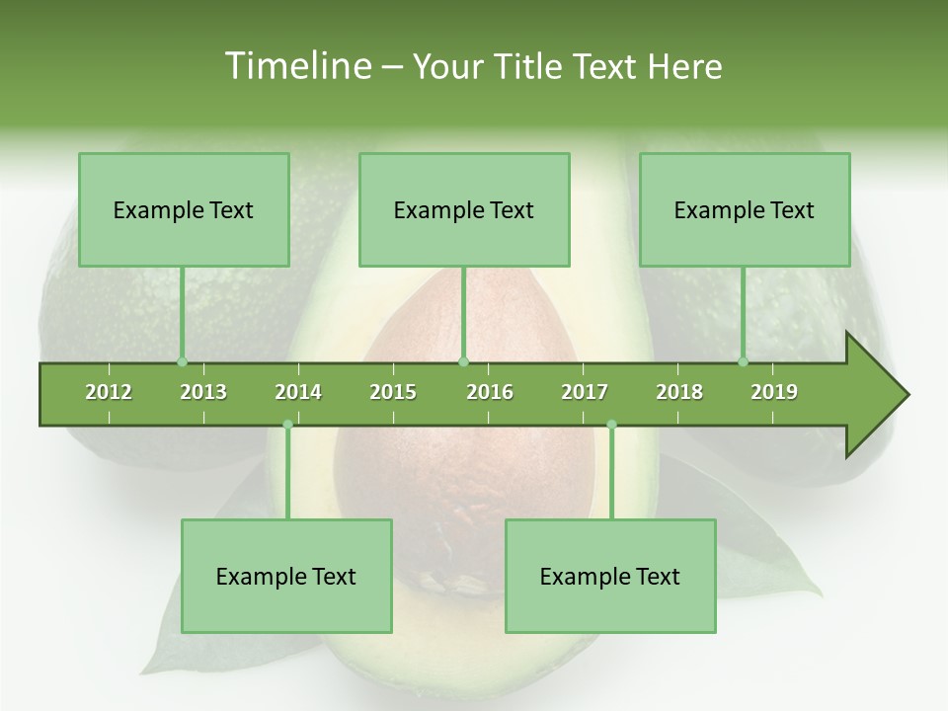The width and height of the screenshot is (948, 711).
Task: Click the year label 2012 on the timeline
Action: click(109, 392)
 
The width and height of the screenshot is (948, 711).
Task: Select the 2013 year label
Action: click(203, 392)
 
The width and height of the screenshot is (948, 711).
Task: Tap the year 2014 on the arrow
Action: click(298, 392)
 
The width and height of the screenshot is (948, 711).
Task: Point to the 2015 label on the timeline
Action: click(393, 392)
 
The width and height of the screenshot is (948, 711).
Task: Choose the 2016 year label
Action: click(490, 392)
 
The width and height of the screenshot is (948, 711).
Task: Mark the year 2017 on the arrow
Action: click(585, 392)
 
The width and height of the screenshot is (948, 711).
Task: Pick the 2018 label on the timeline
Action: click(679, 392)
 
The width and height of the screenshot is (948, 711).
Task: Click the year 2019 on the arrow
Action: click(774, 392)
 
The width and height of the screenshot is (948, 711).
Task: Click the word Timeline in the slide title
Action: click(295, 66)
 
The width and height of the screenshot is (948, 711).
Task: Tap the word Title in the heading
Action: click(530, 66)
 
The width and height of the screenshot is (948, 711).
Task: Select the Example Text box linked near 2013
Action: click(184, 209)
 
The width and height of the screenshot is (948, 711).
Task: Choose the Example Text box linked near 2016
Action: click(464, 209)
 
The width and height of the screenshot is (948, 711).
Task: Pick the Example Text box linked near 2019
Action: click(745, 209)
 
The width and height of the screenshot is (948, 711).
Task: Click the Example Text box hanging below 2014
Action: click(286, 576)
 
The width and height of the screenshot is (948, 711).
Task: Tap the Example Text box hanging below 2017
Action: click(610, 576)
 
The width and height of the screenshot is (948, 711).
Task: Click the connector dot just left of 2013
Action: click(182, 361)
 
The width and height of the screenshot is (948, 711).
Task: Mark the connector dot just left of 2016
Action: click(463, 361)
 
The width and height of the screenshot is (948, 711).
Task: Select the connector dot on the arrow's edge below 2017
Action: click(611, 425)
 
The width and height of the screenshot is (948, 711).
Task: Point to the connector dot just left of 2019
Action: click(744, 361)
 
